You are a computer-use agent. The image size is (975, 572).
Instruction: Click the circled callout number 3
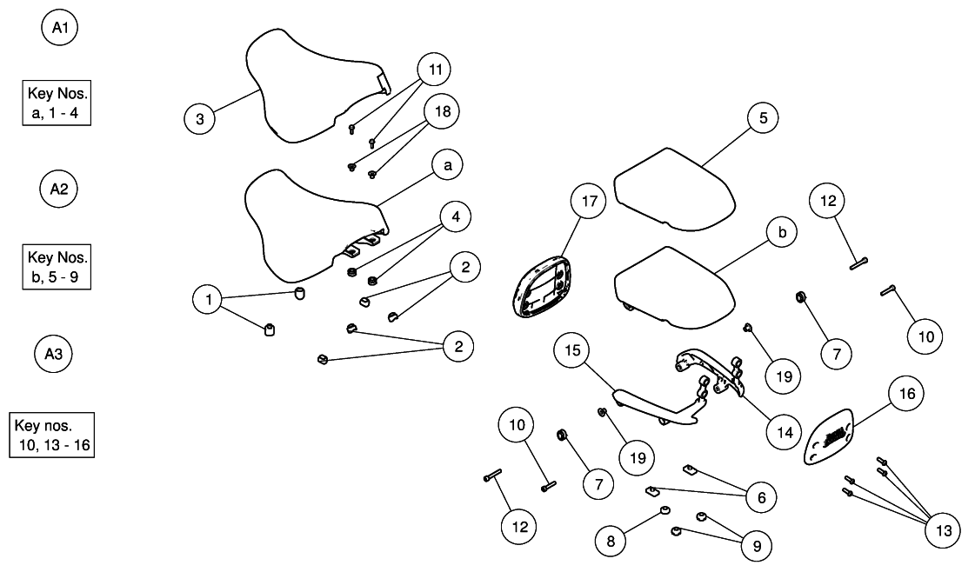pyautogui.click(x=200, y=119)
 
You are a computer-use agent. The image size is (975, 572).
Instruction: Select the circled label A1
pyautogui.click(x=60, y=29)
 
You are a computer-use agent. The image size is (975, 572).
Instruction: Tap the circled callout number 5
pyautogui.click(x=763, y=119)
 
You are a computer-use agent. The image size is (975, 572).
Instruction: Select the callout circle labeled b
pyautogui.click(x=782, y=232)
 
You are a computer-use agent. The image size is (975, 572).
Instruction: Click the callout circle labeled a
pyautogui.click(x=447, y=164)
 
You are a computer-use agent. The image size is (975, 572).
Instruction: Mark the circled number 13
pyautogui.click(x=942, y=529)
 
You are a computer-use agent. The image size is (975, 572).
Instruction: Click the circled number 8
pyautogui.click(x=611, y=541)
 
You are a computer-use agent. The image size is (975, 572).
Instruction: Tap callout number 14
pyautogui.click(x=784, y=430)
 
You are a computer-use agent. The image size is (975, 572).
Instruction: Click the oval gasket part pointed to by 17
pyautogui.click(x=538, y=286)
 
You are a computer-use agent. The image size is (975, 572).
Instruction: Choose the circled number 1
pyautogui.click(x=209, y=300)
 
